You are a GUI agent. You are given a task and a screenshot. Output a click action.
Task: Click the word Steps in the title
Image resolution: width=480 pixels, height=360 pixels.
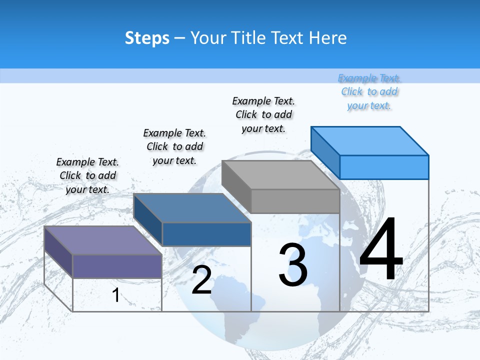147,38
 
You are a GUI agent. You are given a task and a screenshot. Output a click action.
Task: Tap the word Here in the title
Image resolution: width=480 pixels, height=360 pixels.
328,38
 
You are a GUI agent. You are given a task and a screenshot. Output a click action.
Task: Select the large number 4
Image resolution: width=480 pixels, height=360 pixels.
381,249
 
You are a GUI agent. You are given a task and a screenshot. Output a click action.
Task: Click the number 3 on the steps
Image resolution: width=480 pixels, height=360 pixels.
293,265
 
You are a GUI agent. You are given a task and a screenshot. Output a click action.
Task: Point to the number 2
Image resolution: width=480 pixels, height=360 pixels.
201,280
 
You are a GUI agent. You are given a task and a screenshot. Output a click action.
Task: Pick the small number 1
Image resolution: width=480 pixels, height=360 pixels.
115,295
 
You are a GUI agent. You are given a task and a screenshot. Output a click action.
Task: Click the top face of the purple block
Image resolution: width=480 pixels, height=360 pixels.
103,240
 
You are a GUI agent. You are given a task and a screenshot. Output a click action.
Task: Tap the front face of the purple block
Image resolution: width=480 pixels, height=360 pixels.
117,266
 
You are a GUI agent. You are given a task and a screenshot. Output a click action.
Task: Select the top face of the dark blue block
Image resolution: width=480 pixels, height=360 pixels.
192,208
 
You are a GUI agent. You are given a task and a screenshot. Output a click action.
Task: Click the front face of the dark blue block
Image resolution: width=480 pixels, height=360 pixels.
206,234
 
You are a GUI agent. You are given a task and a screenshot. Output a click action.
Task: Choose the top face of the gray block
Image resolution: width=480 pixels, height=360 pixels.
280,175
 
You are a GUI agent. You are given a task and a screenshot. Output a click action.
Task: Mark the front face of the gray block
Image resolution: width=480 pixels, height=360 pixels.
295,201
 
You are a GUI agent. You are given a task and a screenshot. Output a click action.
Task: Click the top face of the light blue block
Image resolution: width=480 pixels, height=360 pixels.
369,141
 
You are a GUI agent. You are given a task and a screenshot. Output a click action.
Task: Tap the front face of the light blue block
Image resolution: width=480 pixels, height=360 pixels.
384,167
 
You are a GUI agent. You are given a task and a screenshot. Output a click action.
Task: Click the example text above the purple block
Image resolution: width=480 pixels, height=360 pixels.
87,175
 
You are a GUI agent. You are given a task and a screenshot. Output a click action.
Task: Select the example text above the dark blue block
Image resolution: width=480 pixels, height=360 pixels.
174,146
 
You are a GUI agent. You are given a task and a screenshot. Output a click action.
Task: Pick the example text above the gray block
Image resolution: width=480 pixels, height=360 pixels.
263,114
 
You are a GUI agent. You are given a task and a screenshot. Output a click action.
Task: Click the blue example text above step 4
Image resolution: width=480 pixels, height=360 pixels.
369,91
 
